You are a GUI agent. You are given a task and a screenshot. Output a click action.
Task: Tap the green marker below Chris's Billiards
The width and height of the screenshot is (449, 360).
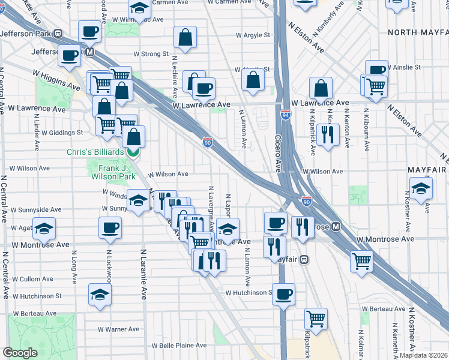133,152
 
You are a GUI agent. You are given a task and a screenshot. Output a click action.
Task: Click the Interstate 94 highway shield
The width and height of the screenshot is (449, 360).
286,114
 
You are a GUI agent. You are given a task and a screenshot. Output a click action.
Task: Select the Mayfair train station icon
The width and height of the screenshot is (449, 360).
304,260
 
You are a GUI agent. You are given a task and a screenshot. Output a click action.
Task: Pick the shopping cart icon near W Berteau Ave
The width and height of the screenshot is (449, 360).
316,319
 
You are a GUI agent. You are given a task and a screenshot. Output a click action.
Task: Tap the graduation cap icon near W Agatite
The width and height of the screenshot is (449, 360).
44,230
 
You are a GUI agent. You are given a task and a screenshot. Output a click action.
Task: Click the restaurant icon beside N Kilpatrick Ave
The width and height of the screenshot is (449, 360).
328,134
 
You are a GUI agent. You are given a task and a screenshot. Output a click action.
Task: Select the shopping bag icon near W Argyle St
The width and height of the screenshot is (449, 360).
185,38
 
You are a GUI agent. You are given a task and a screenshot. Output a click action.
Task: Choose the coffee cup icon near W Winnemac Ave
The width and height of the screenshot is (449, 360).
90,32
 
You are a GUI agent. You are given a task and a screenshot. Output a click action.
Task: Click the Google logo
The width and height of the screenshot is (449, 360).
20,353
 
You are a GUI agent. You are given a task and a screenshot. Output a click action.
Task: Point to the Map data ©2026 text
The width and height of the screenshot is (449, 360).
424,355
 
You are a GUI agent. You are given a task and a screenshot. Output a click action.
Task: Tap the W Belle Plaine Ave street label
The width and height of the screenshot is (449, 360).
179,346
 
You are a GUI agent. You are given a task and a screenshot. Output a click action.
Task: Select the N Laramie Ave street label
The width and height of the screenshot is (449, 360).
144,274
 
